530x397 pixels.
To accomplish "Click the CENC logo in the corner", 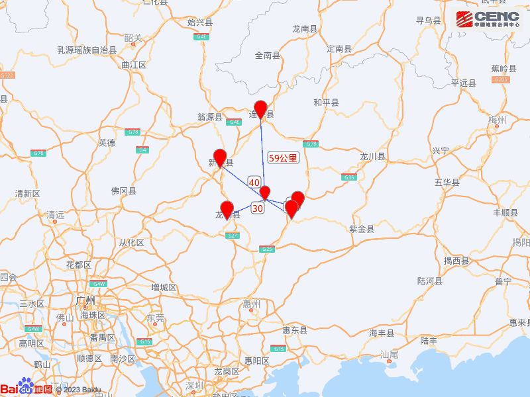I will (491, 19).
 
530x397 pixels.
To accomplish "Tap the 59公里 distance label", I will (283, 158).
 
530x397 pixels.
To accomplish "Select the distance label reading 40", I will (254, 182).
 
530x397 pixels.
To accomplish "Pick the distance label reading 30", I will (258, 208).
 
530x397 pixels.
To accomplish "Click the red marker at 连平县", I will (261, 110).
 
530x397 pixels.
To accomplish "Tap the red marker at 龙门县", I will (227, 210).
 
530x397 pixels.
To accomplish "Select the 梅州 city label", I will (496, 120).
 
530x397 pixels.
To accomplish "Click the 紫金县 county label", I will (361, 229).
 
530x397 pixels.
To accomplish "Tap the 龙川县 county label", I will (372, 156).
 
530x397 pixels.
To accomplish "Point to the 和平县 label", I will (326, 102).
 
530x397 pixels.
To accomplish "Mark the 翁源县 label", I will (210, 116).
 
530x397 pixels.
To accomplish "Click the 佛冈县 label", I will (123, 191).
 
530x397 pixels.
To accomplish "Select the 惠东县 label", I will (294, 330).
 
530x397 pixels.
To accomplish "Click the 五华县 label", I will (447, 181).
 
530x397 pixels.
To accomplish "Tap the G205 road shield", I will (501, 79).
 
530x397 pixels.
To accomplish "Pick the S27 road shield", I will (233, 236).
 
